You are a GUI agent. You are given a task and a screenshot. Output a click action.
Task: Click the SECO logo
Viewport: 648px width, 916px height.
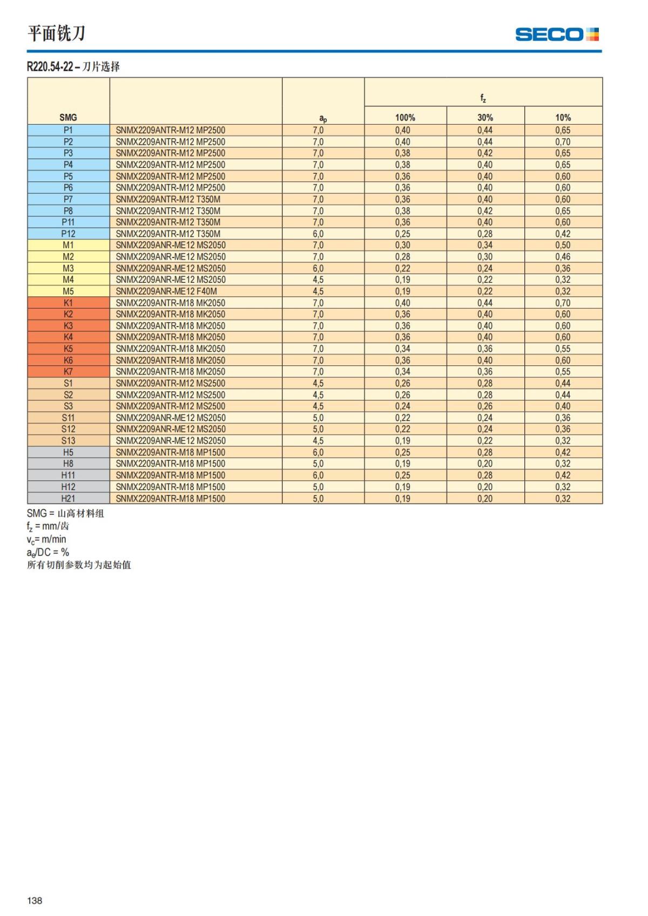click(x=557, y=35)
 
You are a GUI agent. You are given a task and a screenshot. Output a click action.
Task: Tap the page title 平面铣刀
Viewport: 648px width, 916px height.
click(x=57, y=33)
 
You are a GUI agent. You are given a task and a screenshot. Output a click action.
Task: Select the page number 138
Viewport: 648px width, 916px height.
click(x=35, y=900)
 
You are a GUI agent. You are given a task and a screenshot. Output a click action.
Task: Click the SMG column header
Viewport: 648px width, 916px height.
click(x=68, y=117)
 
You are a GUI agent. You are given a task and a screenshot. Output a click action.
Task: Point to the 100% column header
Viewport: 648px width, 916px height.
click(x=405, y=117)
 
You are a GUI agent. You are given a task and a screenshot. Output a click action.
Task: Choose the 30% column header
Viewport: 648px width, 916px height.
click(x=485, y=117)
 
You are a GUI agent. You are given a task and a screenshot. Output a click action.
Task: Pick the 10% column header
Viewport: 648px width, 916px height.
click(x=563, y=117)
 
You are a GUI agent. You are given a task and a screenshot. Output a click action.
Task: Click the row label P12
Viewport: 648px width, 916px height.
click(x=68, y=234)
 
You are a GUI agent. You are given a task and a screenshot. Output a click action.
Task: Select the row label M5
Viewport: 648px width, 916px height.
click(x=68, y=291)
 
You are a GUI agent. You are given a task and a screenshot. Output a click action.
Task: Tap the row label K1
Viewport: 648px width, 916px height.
click(x=68, y=303)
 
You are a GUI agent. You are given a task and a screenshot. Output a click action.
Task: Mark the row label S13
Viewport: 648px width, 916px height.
click(x=68, y=440)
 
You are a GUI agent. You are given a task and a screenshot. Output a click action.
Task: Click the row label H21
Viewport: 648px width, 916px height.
click(x=68, y=498)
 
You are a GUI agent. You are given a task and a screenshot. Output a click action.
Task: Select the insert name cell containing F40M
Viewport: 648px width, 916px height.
click(x=166, y=291)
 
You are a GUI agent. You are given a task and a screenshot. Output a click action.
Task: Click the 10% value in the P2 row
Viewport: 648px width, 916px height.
click(x=563, y=142)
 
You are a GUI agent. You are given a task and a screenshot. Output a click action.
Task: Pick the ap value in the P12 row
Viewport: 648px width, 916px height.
click(x=318, y=234)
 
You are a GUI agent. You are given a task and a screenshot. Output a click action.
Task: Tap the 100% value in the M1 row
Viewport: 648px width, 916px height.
click(x=402, y=245)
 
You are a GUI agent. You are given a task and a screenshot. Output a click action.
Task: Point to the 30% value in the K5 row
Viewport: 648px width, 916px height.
click(x=485, y=349)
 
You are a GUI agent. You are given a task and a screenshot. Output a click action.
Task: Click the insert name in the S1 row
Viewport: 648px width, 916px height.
click(x=171, y=383)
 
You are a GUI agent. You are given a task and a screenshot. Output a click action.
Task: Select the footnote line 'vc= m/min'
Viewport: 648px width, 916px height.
click(x=46, y=539)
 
